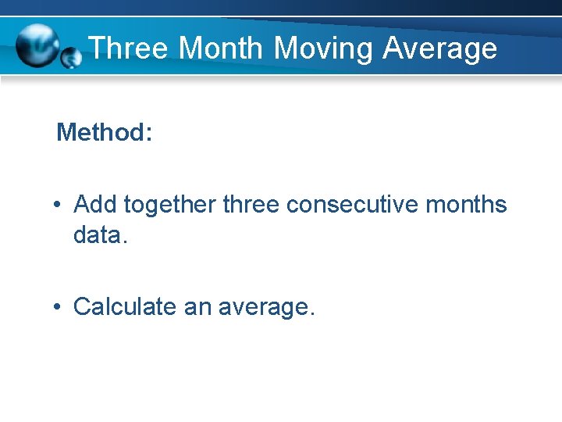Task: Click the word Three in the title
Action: click(x=128, y=48)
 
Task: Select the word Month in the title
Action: click(x=221, y=48)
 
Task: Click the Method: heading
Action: click(x=104, y=132)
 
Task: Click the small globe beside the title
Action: click(x=71, y=57)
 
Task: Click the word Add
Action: click(x=95, y=205)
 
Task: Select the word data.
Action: click(x=99, y=234)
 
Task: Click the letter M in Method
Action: click(x=66, y=132)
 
